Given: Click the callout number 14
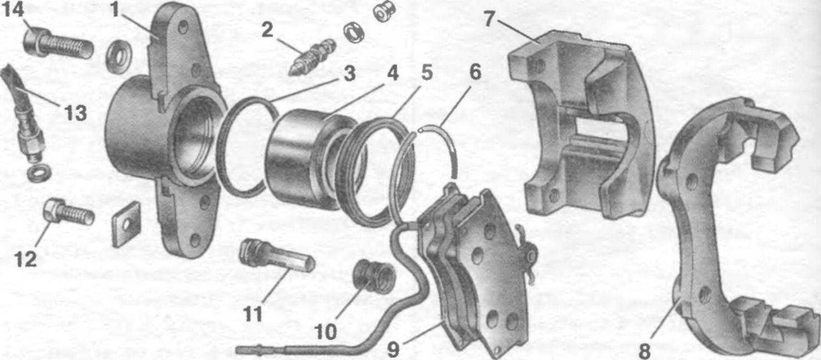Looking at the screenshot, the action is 13,10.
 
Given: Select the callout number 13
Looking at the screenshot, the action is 75,113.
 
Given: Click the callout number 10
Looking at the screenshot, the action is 326,332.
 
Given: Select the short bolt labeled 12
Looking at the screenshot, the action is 68,213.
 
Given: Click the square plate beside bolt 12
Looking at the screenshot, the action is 126,224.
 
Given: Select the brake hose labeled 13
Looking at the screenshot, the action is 22,114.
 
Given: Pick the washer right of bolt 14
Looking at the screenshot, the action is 119,58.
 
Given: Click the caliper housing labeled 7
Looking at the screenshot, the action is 579,124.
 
